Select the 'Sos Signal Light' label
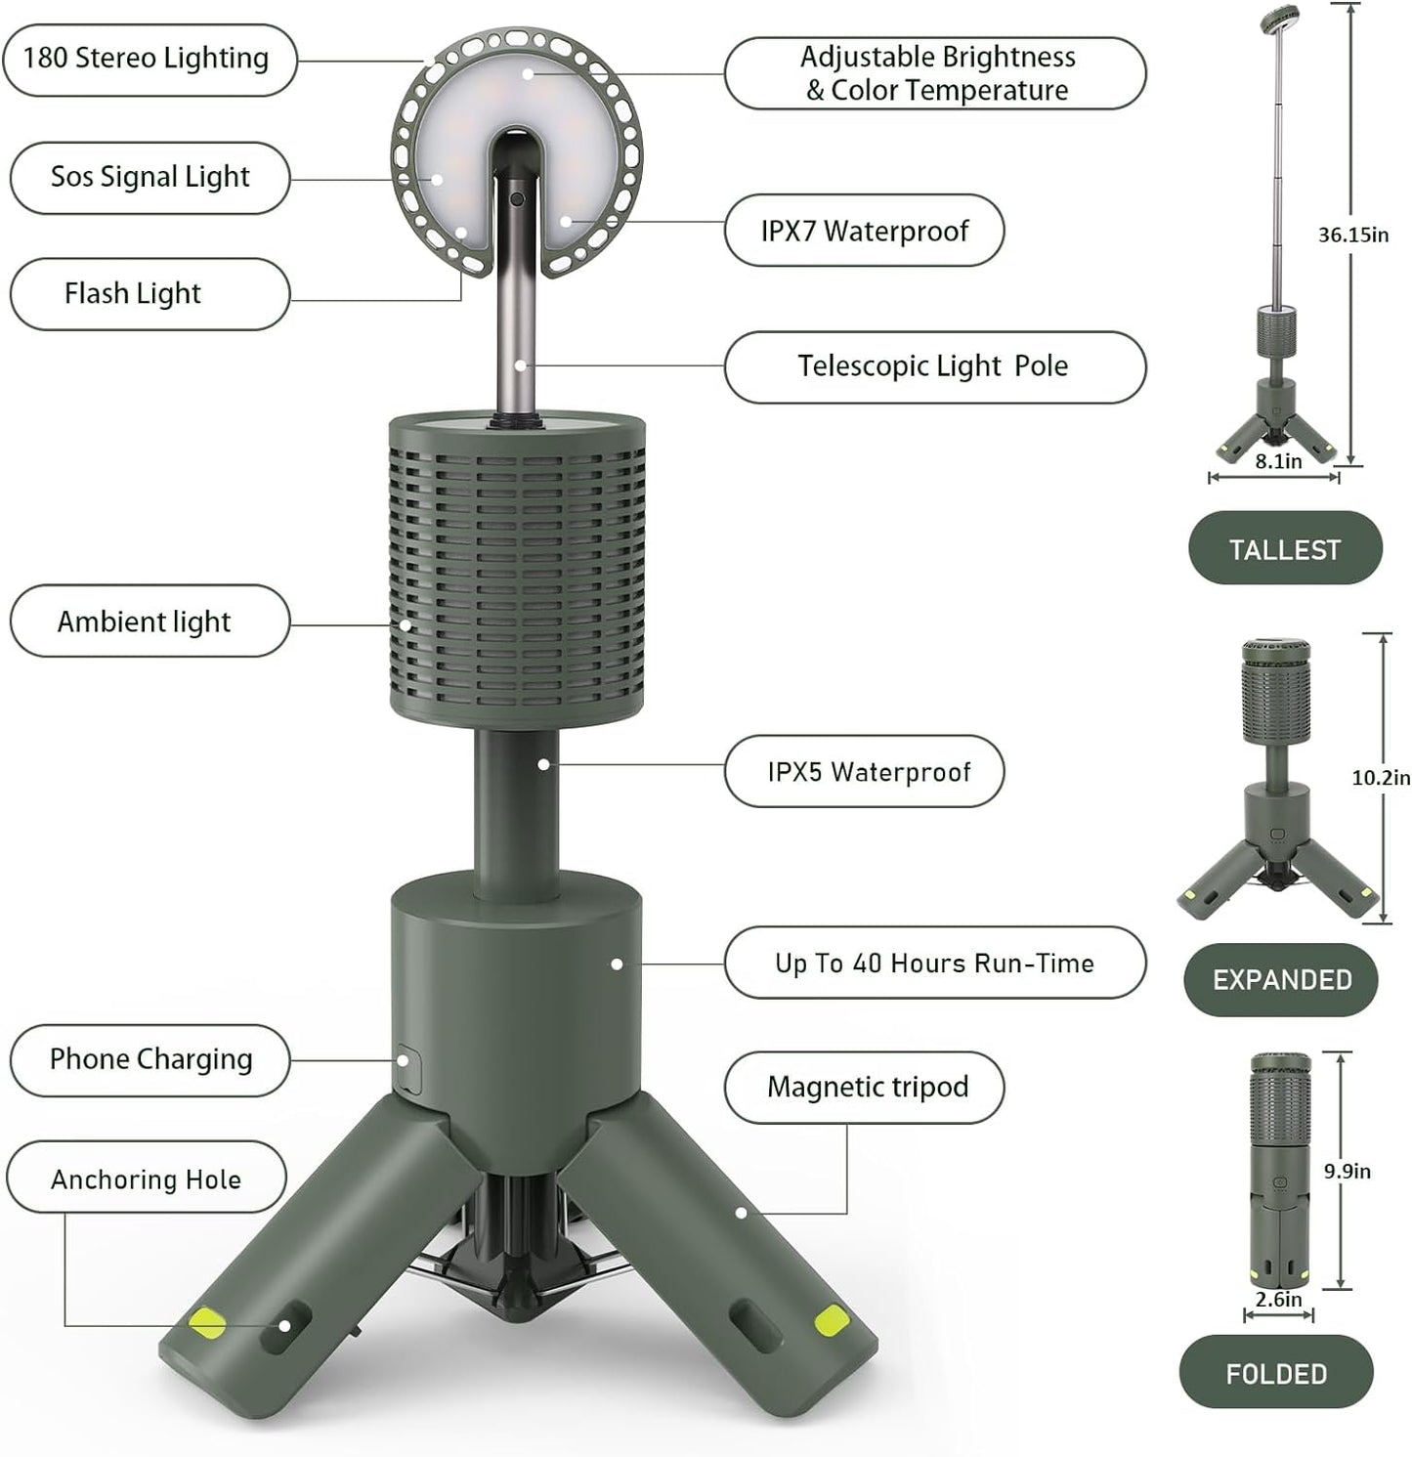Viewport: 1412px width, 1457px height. [x=150, y=178]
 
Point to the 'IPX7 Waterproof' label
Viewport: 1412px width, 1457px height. [x=864, y=231]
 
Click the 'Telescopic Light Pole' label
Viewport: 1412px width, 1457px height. [x=933, y=366]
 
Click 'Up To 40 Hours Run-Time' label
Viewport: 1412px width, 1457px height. [x=933, y=964]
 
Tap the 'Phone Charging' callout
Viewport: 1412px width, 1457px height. [x=150, y=1060]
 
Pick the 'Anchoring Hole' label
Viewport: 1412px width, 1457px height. [x=146, y=1180]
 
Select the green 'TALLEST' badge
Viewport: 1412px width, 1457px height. [x=1284, y=549]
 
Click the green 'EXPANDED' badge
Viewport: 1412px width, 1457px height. [x=1281, y=980]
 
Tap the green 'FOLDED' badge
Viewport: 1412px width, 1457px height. [x=1275, y=1373]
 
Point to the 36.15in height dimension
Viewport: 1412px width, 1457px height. [x=1352, y=235]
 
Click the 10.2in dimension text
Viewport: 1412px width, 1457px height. [x=1380, y=778]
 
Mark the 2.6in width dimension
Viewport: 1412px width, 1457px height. [x=1278, y=1300]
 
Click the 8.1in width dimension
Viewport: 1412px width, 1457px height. [x=1278, y=462]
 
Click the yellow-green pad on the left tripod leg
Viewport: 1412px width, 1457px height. [x=207, y=1323]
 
